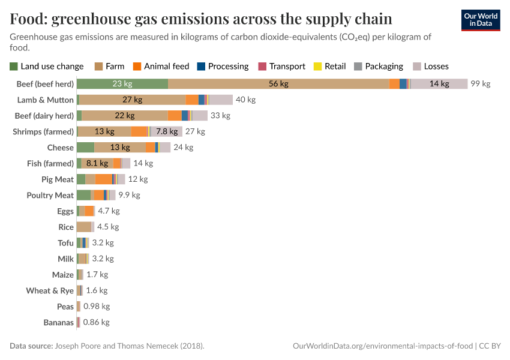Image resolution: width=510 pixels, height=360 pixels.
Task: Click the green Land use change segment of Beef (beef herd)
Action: coord(122,84)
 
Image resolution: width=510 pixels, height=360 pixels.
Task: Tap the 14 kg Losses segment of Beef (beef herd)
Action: coord(439,84)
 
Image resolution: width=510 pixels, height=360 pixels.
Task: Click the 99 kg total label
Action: coord(480,84)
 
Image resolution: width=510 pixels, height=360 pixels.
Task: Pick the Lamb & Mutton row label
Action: coord(46,100)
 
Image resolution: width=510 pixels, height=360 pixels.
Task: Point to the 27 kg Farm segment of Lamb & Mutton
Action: coord(132,100)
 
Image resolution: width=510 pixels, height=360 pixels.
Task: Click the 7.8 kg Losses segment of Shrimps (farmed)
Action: coord(167,131)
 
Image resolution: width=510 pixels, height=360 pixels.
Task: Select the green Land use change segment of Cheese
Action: coord(85,148)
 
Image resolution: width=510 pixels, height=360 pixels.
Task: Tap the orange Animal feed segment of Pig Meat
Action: coord(103,179)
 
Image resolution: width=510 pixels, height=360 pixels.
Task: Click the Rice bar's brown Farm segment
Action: coord(83,227)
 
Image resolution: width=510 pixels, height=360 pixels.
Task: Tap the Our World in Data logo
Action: coord(481,20)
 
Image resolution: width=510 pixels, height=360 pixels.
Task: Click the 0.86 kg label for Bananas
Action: coord(96,322)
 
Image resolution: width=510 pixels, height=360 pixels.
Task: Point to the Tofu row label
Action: coord(65,243)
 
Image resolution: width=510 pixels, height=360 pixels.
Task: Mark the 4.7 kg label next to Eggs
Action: coord(109,211)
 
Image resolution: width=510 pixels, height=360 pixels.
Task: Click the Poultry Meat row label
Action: coord(50,195)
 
